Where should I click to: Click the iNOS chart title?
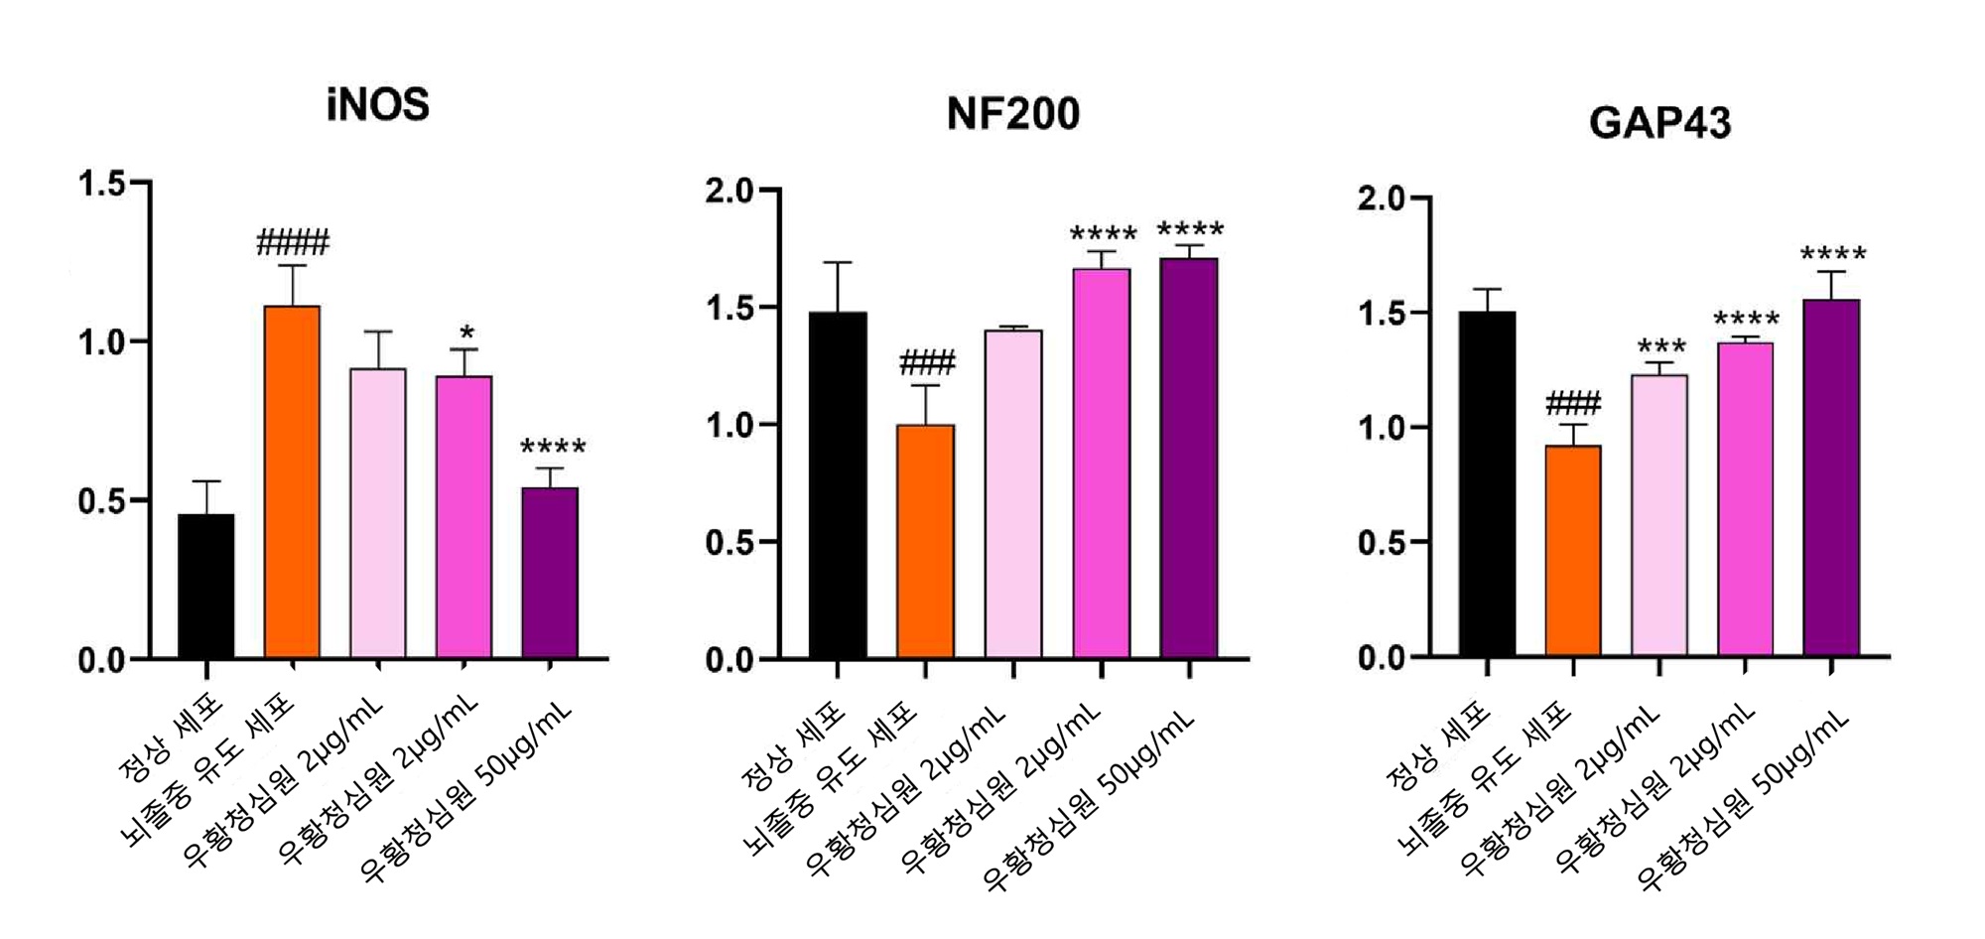[377, 105]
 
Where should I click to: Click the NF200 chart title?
[1012, 114]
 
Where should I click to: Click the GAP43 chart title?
[1659, 123]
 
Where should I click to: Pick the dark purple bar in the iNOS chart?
[550, 573]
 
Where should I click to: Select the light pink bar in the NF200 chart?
[1013, 494]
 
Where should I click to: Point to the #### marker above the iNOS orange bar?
[293, 242]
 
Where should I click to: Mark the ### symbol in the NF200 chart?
[927, 363]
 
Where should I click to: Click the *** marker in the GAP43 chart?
[1661, 347]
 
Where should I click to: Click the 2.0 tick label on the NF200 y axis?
[730, 192]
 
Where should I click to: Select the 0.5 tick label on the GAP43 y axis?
[1383, 544]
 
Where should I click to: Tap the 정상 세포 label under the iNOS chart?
[171, 739]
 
